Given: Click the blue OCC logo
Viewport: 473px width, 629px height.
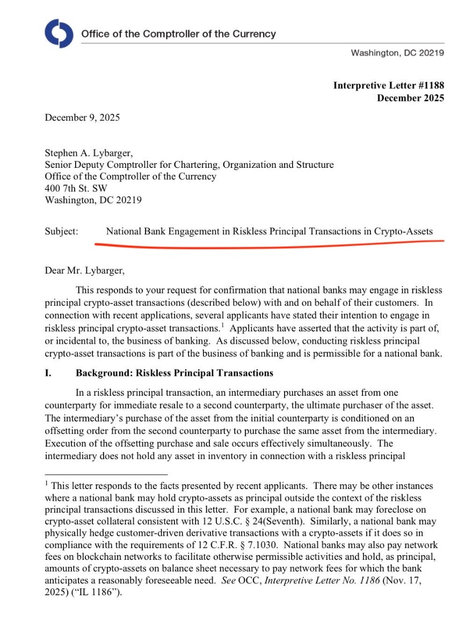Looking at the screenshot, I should tap(59, 33).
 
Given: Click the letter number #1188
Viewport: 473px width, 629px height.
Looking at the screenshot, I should tap(428, 86).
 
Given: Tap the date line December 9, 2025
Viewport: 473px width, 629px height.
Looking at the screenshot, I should tap(82, 117).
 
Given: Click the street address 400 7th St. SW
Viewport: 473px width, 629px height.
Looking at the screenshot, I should tap(76, 189).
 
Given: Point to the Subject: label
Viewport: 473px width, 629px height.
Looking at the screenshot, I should tap(61, 232).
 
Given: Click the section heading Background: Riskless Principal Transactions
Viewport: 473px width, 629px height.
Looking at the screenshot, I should tap(174, 373).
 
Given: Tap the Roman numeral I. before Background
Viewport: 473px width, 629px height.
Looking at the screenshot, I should tap(48, 373).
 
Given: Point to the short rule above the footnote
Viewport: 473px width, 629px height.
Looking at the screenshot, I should tap(106, 474).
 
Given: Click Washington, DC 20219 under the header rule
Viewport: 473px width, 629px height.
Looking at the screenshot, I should tap(397, 53).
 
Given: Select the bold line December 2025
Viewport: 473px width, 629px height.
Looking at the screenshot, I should tap(410, 98).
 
